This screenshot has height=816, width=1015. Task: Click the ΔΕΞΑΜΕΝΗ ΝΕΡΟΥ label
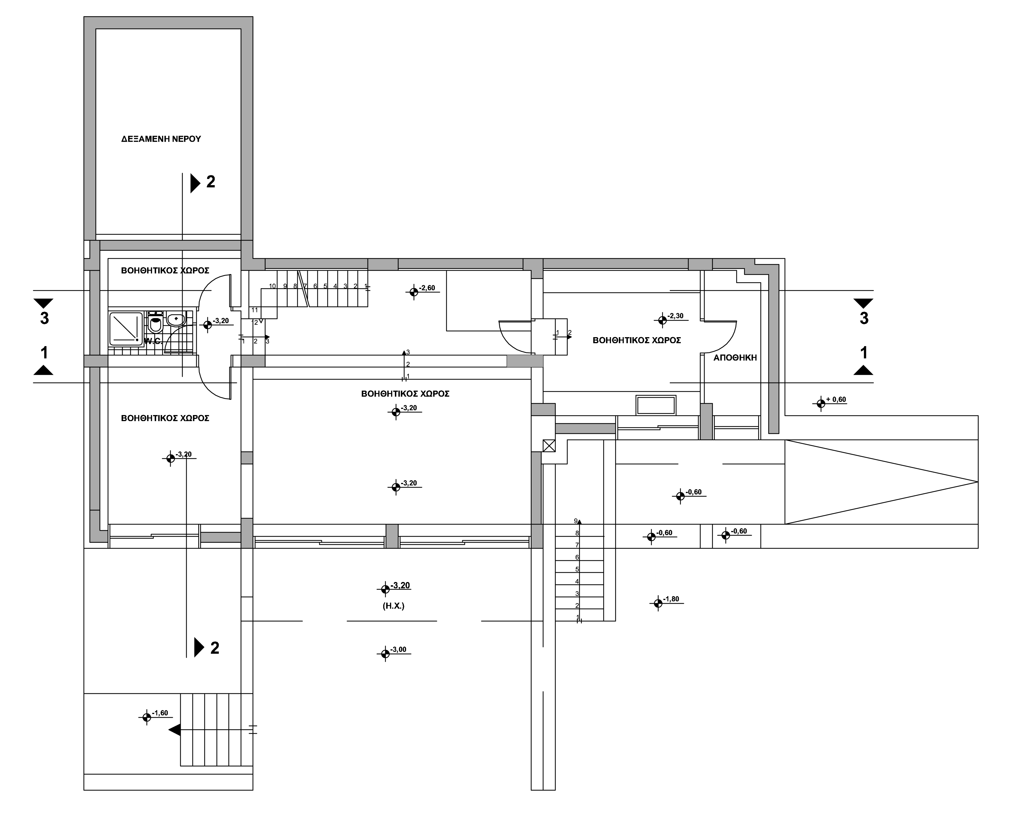pyautogui.click(x=161, y=139)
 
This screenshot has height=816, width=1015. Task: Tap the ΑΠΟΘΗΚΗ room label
pyautogui.click(x=735, y=358)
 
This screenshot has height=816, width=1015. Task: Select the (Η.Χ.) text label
pyautogui.click(x=394, y=606)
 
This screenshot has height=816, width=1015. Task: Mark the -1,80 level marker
pyautogui.click(x=668, y=602)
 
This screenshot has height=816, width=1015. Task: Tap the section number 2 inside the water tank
pyautogui.click(x=210, y=182)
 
